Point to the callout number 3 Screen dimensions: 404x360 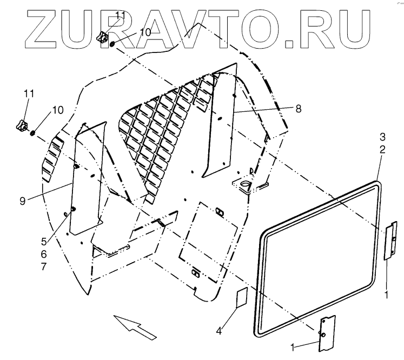tap(382, 137)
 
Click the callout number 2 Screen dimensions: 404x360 tap(382, 150)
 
